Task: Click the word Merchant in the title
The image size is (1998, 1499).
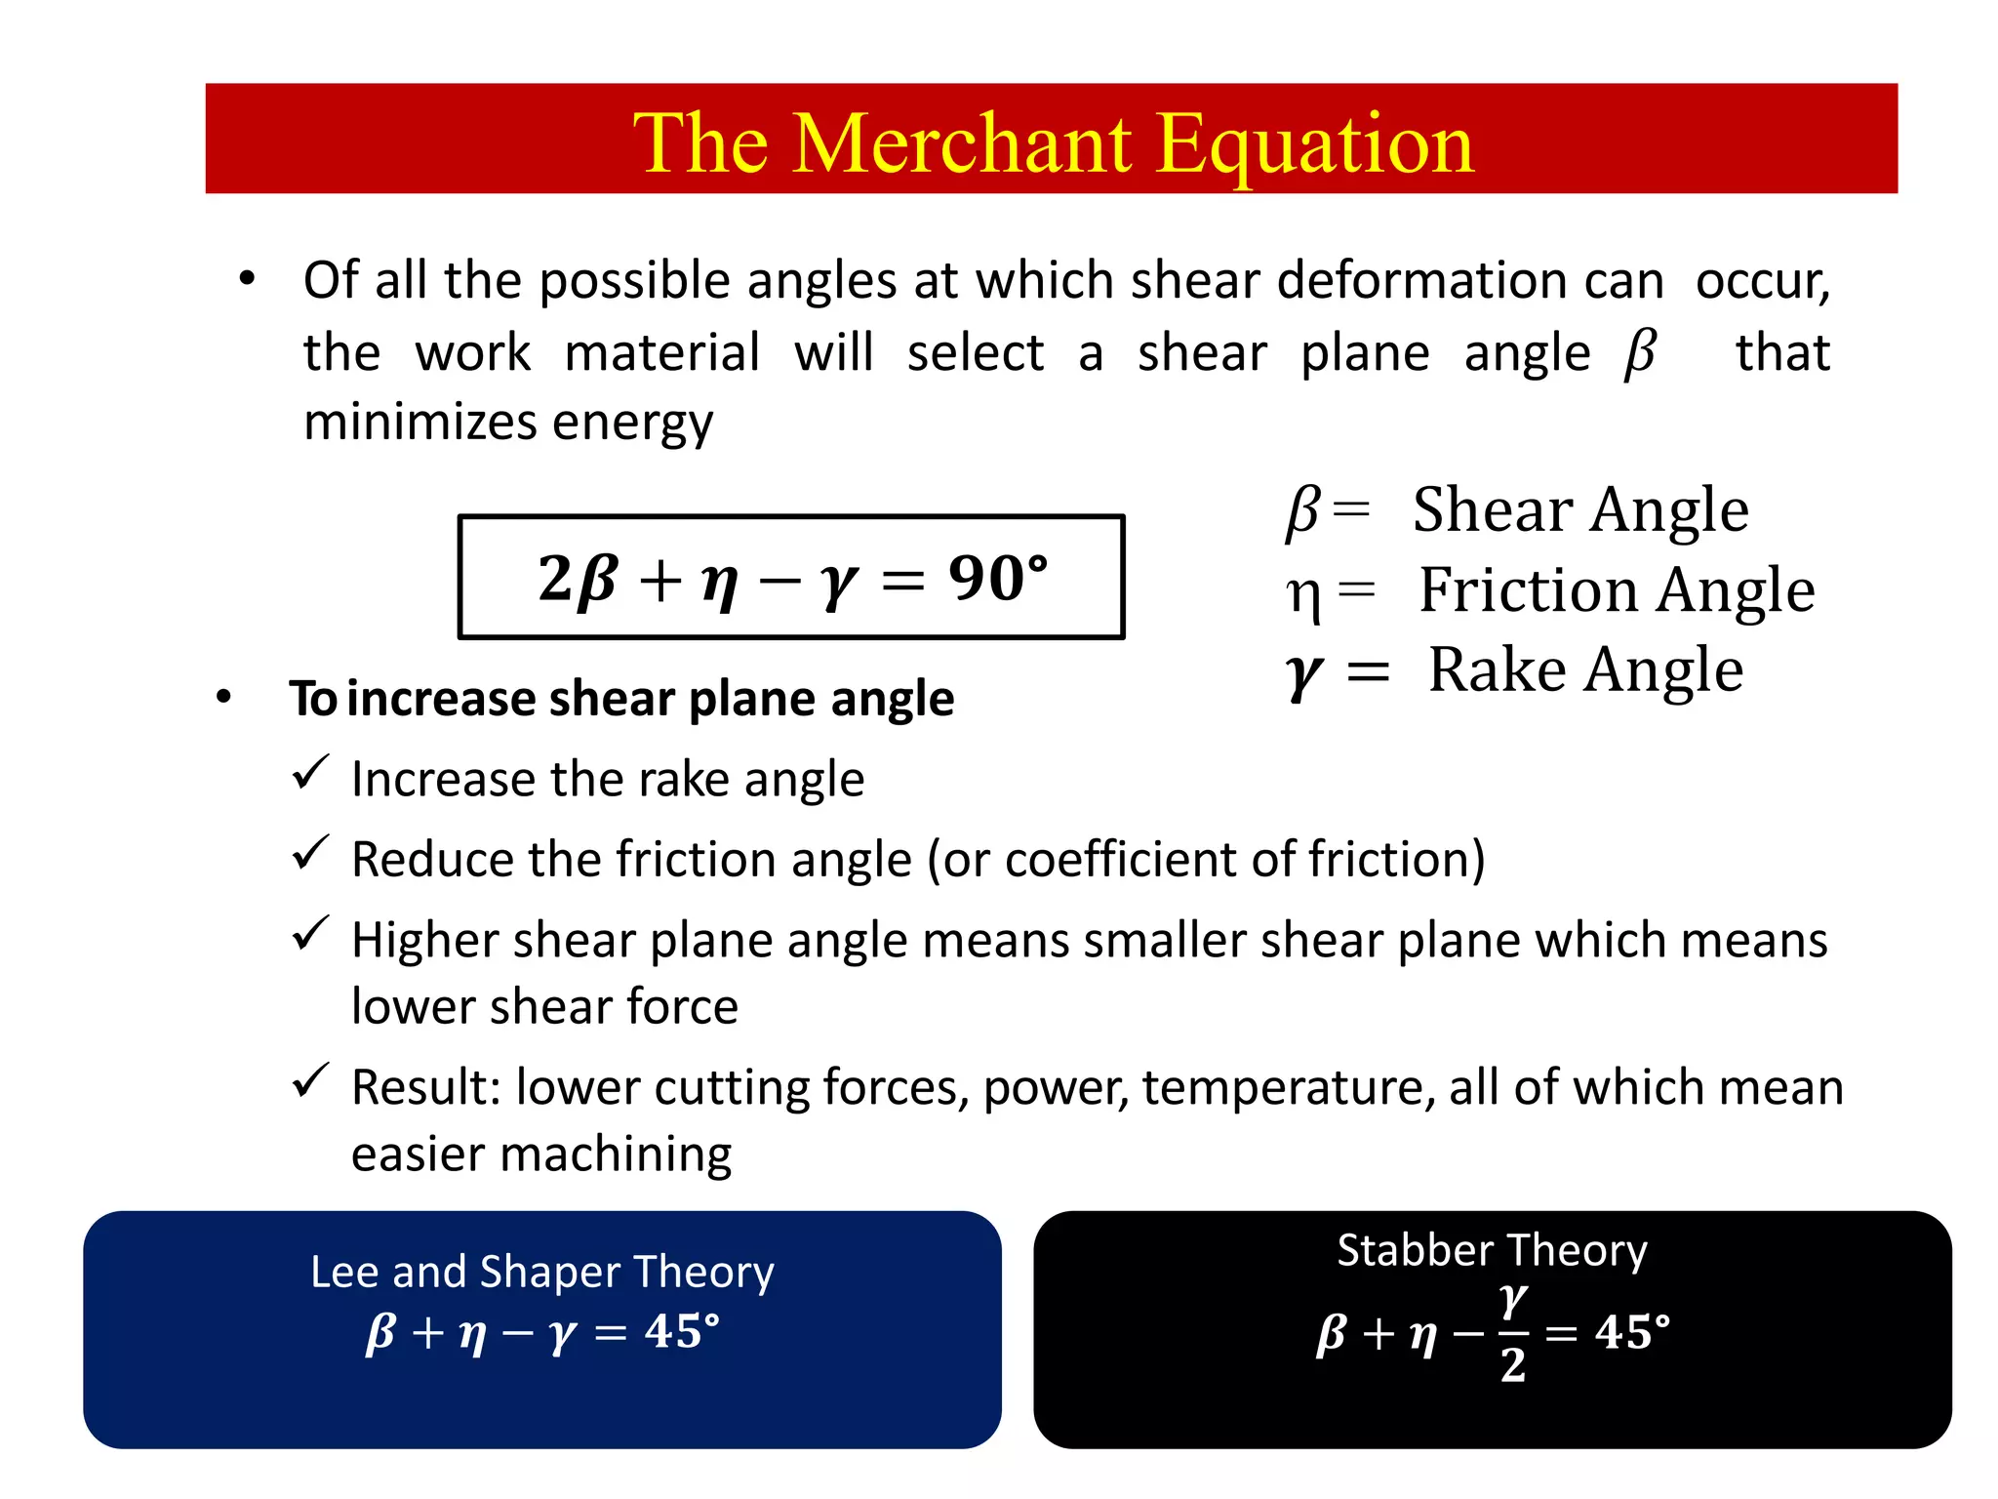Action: click(x=962, y=143)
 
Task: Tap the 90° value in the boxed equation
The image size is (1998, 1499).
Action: click(x=997, y=577)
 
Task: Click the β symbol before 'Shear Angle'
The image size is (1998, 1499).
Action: click(x=1302, y=510)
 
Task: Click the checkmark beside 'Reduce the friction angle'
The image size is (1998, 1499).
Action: click(x=311, y=853)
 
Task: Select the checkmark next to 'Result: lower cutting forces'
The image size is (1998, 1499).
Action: click(x=311, y=1080)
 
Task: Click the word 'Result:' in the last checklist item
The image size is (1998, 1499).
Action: click(x=425, y=1087)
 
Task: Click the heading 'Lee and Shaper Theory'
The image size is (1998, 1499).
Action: click(x=542, y=1272)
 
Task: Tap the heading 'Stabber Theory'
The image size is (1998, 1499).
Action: click(x=1492, y=1250)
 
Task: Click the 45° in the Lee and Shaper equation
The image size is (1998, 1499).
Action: click(x=681, y=1330)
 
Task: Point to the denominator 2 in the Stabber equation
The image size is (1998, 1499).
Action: click(x=1512, y=1365)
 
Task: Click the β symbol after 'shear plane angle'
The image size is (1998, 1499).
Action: click(x=1640, y=352)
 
